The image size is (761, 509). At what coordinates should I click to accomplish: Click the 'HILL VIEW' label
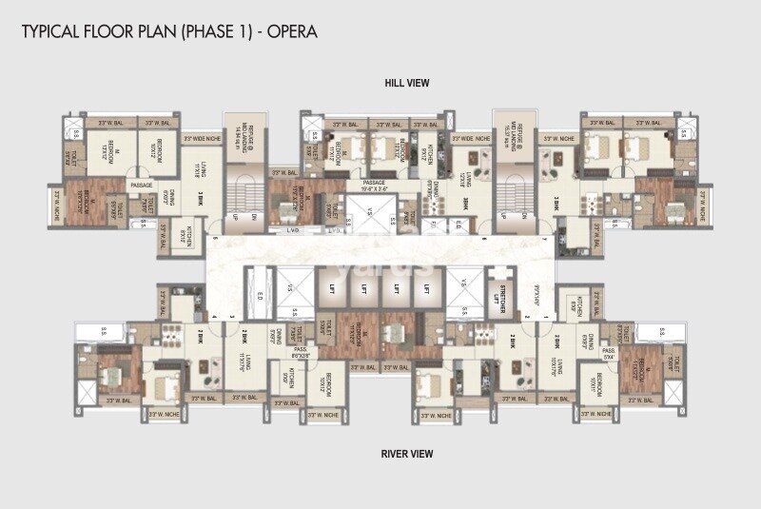407,84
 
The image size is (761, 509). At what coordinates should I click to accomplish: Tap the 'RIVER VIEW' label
407,454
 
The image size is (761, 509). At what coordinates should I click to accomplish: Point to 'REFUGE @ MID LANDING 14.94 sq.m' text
234,139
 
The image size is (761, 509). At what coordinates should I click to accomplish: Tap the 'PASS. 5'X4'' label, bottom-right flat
609,354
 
